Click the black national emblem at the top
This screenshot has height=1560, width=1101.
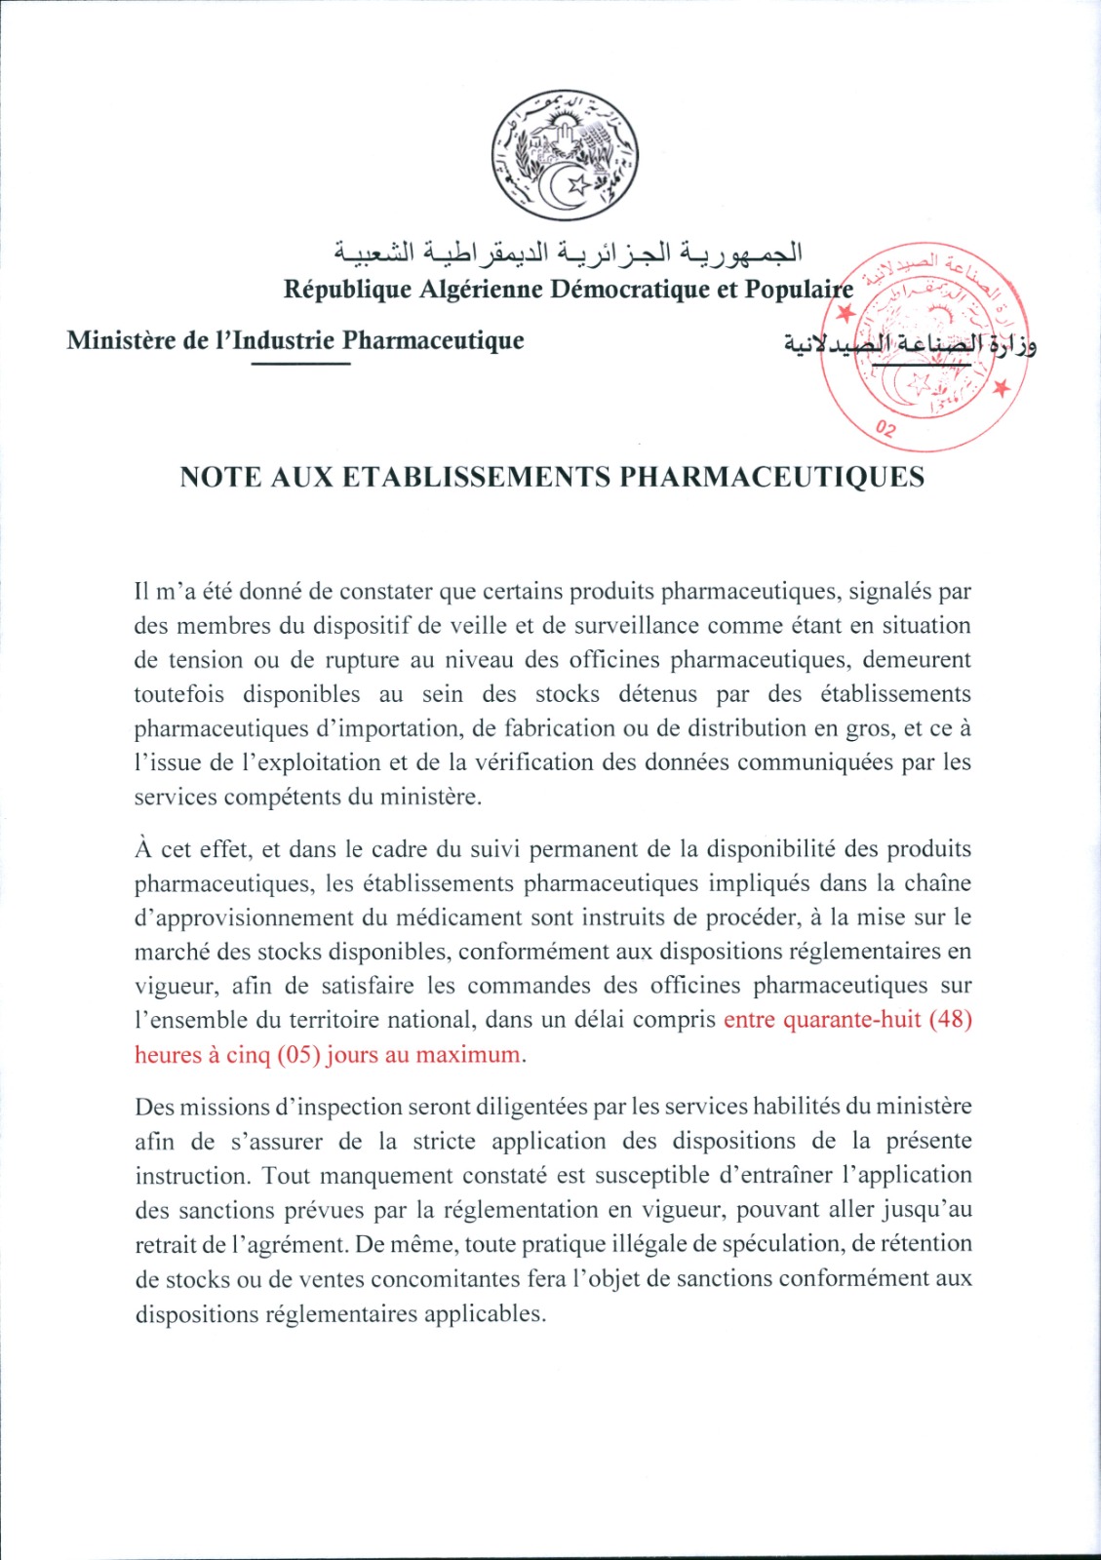[x=565, y=155]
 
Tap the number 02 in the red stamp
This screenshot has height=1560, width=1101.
[x=885, y=429]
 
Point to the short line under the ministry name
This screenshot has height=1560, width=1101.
[x=300, y=364]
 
